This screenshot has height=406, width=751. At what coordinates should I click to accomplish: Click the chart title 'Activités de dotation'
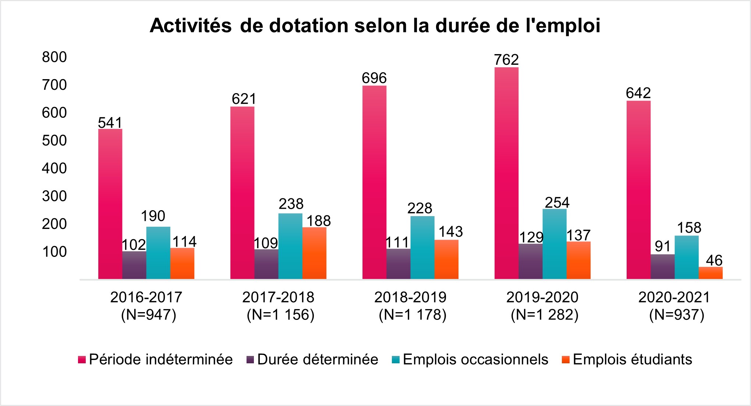pos(375,26)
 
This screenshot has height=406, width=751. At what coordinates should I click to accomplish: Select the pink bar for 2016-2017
pos(110,204)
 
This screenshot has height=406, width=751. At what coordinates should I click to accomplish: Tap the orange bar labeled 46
pos(710,273)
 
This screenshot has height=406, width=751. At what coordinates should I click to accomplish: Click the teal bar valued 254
pos(554,244)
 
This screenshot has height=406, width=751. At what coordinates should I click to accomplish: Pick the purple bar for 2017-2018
pos(266,264)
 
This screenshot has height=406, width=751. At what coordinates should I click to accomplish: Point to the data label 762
pos(506,60)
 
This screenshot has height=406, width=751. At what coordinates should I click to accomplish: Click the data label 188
pos(319,221)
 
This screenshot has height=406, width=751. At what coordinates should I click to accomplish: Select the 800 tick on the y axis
pos(54,57)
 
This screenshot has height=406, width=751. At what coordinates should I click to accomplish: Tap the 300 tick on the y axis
pos(54,196)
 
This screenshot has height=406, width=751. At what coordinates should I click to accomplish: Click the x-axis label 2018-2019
pos(410,297)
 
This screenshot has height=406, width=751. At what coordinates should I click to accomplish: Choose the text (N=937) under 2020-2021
pos(676,315)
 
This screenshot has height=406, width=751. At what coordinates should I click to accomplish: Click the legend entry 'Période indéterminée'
pos(160,359)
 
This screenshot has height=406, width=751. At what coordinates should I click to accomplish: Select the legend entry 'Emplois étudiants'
pos(632,359)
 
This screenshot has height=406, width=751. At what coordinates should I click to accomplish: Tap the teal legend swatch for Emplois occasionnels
pos(396,360)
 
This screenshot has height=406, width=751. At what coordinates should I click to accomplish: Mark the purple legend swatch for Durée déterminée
pos(250,360)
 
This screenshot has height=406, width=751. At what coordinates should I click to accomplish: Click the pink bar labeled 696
pos(374,182)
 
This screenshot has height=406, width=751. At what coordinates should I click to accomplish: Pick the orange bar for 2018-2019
pos(446,259)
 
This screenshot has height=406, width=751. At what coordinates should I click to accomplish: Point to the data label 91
pos(663,246)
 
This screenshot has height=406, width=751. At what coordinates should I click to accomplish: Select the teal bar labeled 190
pos(158,253)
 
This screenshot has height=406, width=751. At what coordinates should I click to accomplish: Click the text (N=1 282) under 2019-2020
pos(545,315)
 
